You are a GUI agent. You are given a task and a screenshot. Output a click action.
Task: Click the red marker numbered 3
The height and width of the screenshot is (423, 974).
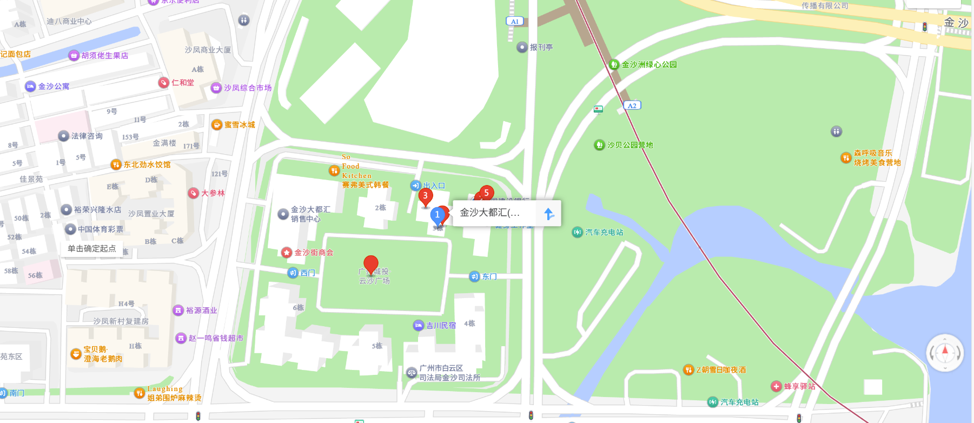point(426,197)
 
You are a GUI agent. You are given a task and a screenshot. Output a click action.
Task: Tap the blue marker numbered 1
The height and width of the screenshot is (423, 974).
point(437,215)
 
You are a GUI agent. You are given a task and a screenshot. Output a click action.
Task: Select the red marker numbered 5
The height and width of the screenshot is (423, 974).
point(486,193)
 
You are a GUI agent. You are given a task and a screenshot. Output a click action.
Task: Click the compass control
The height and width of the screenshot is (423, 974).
point(945,353)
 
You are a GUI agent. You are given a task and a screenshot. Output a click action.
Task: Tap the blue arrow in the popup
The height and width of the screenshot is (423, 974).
point(549,214)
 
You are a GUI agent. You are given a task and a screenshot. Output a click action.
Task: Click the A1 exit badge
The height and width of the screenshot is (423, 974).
point(514,22)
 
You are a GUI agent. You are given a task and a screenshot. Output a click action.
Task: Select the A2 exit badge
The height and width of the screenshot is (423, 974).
point(632,105)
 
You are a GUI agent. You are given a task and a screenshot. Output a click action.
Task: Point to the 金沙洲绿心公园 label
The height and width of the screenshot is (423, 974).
point(648,65)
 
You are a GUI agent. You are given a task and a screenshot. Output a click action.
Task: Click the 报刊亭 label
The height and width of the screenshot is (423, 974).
point(541,48)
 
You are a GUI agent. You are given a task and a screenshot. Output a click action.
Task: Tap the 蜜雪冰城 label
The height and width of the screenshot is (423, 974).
point(239,125)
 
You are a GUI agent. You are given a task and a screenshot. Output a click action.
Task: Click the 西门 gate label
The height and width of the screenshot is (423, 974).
point(307,273)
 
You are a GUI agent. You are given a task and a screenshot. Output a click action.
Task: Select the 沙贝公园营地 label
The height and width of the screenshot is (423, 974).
point(630,145)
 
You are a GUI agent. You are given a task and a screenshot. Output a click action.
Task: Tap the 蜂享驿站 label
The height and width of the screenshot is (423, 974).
point(799,386)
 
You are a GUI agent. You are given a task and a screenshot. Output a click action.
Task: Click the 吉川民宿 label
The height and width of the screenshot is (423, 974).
point(440,326)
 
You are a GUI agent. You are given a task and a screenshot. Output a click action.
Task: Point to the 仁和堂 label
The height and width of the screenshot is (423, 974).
point(182,83)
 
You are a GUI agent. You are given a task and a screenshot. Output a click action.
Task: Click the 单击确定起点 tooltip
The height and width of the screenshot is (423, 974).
point(91,249)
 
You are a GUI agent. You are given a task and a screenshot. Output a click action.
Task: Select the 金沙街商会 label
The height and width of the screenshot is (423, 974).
point(313,253)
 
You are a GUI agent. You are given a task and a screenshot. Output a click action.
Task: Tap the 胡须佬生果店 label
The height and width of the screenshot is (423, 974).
point(104,56)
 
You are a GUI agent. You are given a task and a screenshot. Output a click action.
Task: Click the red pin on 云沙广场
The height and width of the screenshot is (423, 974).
point(371,265)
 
